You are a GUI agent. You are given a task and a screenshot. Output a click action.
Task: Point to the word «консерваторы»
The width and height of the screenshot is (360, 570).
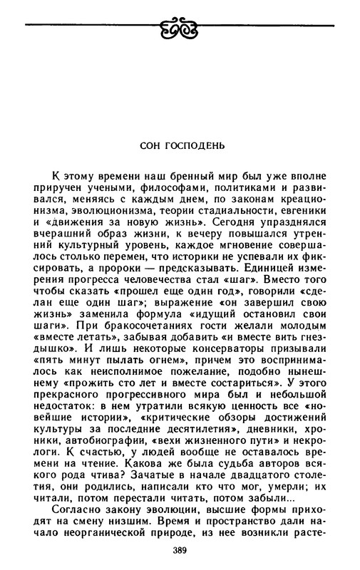(x=215, y=375)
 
